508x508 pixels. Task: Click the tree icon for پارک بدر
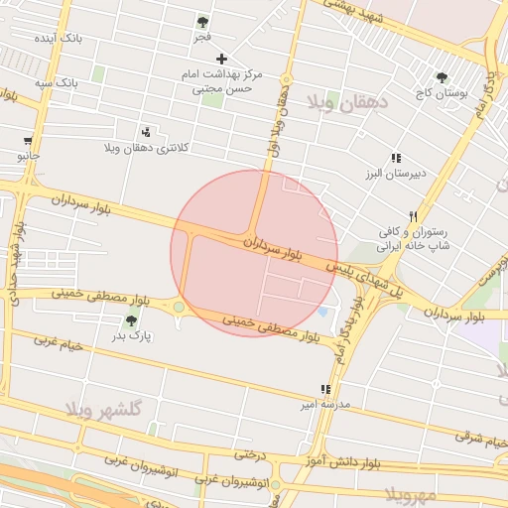tap(131, 320)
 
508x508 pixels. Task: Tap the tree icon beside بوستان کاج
tap(442, 77)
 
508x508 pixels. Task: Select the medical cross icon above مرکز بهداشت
tap(221, 58)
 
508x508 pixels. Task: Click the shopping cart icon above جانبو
tap(28, 141)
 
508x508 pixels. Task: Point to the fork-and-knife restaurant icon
tap(413, 216)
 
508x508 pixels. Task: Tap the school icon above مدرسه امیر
tap(324, 389)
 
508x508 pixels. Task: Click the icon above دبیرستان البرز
tap(395, 158)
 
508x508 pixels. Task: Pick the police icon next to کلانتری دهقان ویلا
tap(147, 132)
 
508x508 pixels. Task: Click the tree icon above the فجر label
tap(202, 21)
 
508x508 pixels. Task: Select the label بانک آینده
tap(57, 38)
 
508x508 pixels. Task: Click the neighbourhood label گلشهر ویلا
tap(104, 409)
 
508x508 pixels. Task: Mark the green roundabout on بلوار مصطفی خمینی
tap(179, 308)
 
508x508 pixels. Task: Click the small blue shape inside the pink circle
tap(323, 312)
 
